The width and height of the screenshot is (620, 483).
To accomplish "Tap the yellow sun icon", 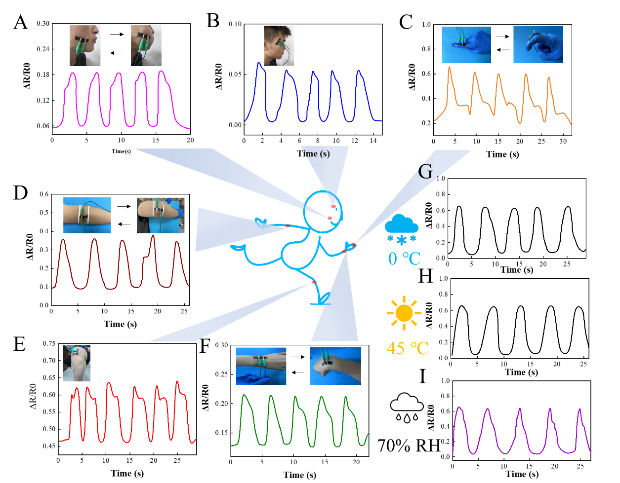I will point(404,313).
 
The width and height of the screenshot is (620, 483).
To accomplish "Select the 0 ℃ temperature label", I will point(404,258).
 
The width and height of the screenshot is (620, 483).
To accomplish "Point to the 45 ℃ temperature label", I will point(407,348).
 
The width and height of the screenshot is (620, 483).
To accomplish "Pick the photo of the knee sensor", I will point(77,363).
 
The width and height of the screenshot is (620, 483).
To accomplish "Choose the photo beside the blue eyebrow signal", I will point(279,45).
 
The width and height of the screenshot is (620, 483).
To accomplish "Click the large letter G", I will point(425,172).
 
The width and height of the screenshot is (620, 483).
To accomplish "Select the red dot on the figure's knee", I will point(314,282).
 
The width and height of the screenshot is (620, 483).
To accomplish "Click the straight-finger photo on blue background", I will point(466,45).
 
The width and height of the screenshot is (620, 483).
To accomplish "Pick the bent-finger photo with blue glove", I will point(538,45).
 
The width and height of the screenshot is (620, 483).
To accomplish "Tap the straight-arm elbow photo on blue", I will point(87,215).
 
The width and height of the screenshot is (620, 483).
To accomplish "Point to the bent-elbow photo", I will point(161,215).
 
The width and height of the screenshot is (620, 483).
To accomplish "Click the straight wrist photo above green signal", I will point(261,366).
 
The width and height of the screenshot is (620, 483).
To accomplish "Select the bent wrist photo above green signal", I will point(335,366).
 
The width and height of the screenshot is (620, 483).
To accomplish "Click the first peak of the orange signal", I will point(450,68).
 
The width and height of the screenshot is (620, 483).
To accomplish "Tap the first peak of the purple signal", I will point(459,408).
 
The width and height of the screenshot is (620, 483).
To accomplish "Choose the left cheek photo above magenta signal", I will point(85,45).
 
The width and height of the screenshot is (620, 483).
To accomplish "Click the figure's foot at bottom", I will point(324,299).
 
